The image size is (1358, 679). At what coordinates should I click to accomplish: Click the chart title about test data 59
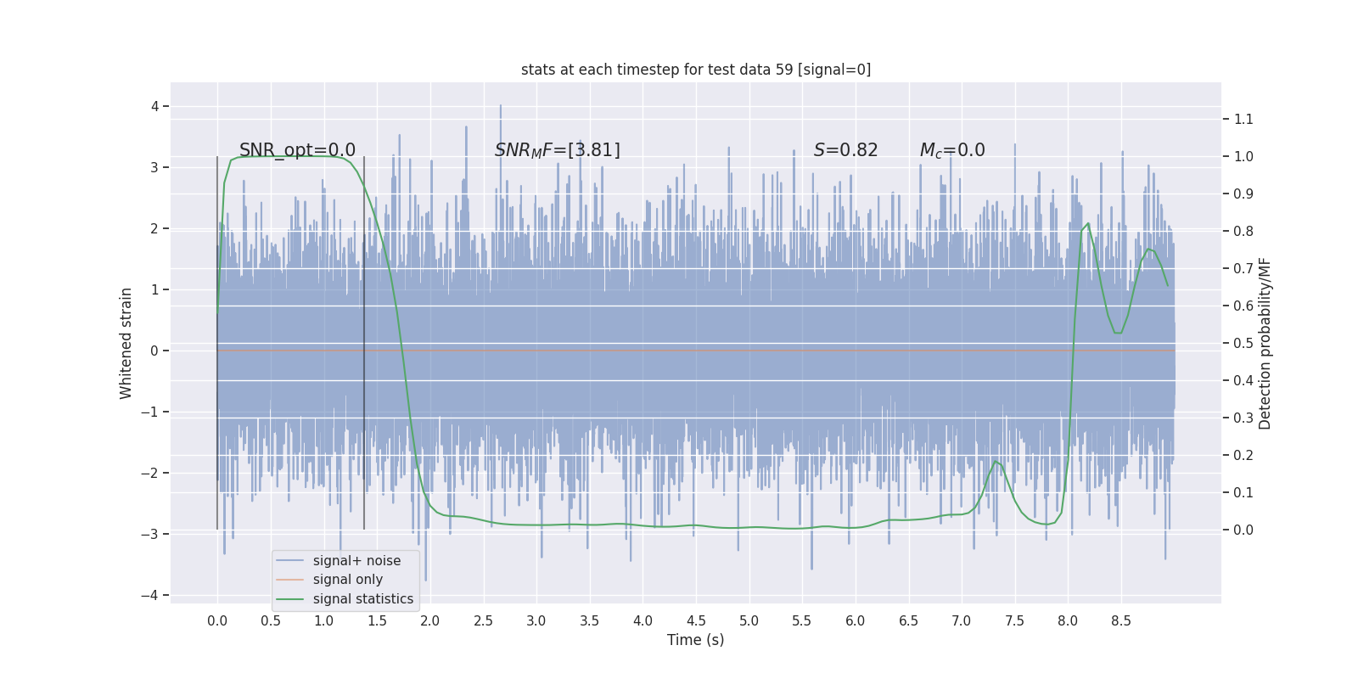(x=695, y=70)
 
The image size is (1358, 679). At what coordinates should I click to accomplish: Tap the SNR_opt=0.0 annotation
(x=297, y=150)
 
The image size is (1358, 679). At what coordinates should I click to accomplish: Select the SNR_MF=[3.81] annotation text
(x=557, y=150)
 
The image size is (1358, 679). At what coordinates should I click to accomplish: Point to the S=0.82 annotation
(x=845, y=150)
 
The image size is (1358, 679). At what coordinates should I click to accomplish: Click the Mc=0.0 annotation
(x=952, y=150)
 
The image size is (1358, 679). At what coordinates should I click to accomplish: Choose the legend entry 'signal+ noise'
(x=356, y=561)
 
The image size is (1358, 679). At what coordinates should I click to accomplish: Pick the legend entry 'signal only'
(x=347, y=580)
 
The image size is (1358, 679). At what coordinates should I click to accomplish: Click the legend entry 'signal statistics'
(x=362, y=599)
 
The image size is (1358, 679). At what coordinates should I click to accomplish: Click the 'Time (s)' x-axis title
(x=695, y=640)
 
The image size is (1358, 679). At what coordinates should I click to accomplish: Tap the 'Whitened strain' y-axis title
(x=126, y=343)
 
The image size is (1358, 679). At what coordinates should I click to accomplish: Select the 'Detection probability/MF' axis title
(x=1265, y=343)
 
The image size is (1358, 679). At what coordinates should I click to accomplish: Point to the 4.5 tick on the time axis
(x=696, y=620)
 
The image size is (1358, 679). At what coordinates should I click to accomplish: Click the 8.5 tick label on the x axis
(x=1121, y=620)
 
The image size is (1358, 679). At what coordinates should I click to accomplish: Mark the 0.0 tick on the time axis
(x=217, y=620)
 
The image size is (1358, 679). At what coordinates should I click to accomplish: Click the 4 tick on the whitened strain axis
(x=154, y=106)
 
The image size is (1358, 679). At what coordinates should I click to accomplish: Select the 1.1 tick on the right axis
(x=1243, y=119)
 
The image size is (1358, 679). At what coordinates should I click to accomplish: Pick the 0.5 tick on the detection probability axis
(x=1243, y=343)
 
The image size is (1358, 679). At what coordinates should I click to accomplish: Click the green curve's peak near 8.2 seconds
(x=1088, y=224)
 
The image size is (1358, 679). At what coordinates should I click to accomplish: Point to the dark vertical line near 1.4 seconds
(x=364, y=339)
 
